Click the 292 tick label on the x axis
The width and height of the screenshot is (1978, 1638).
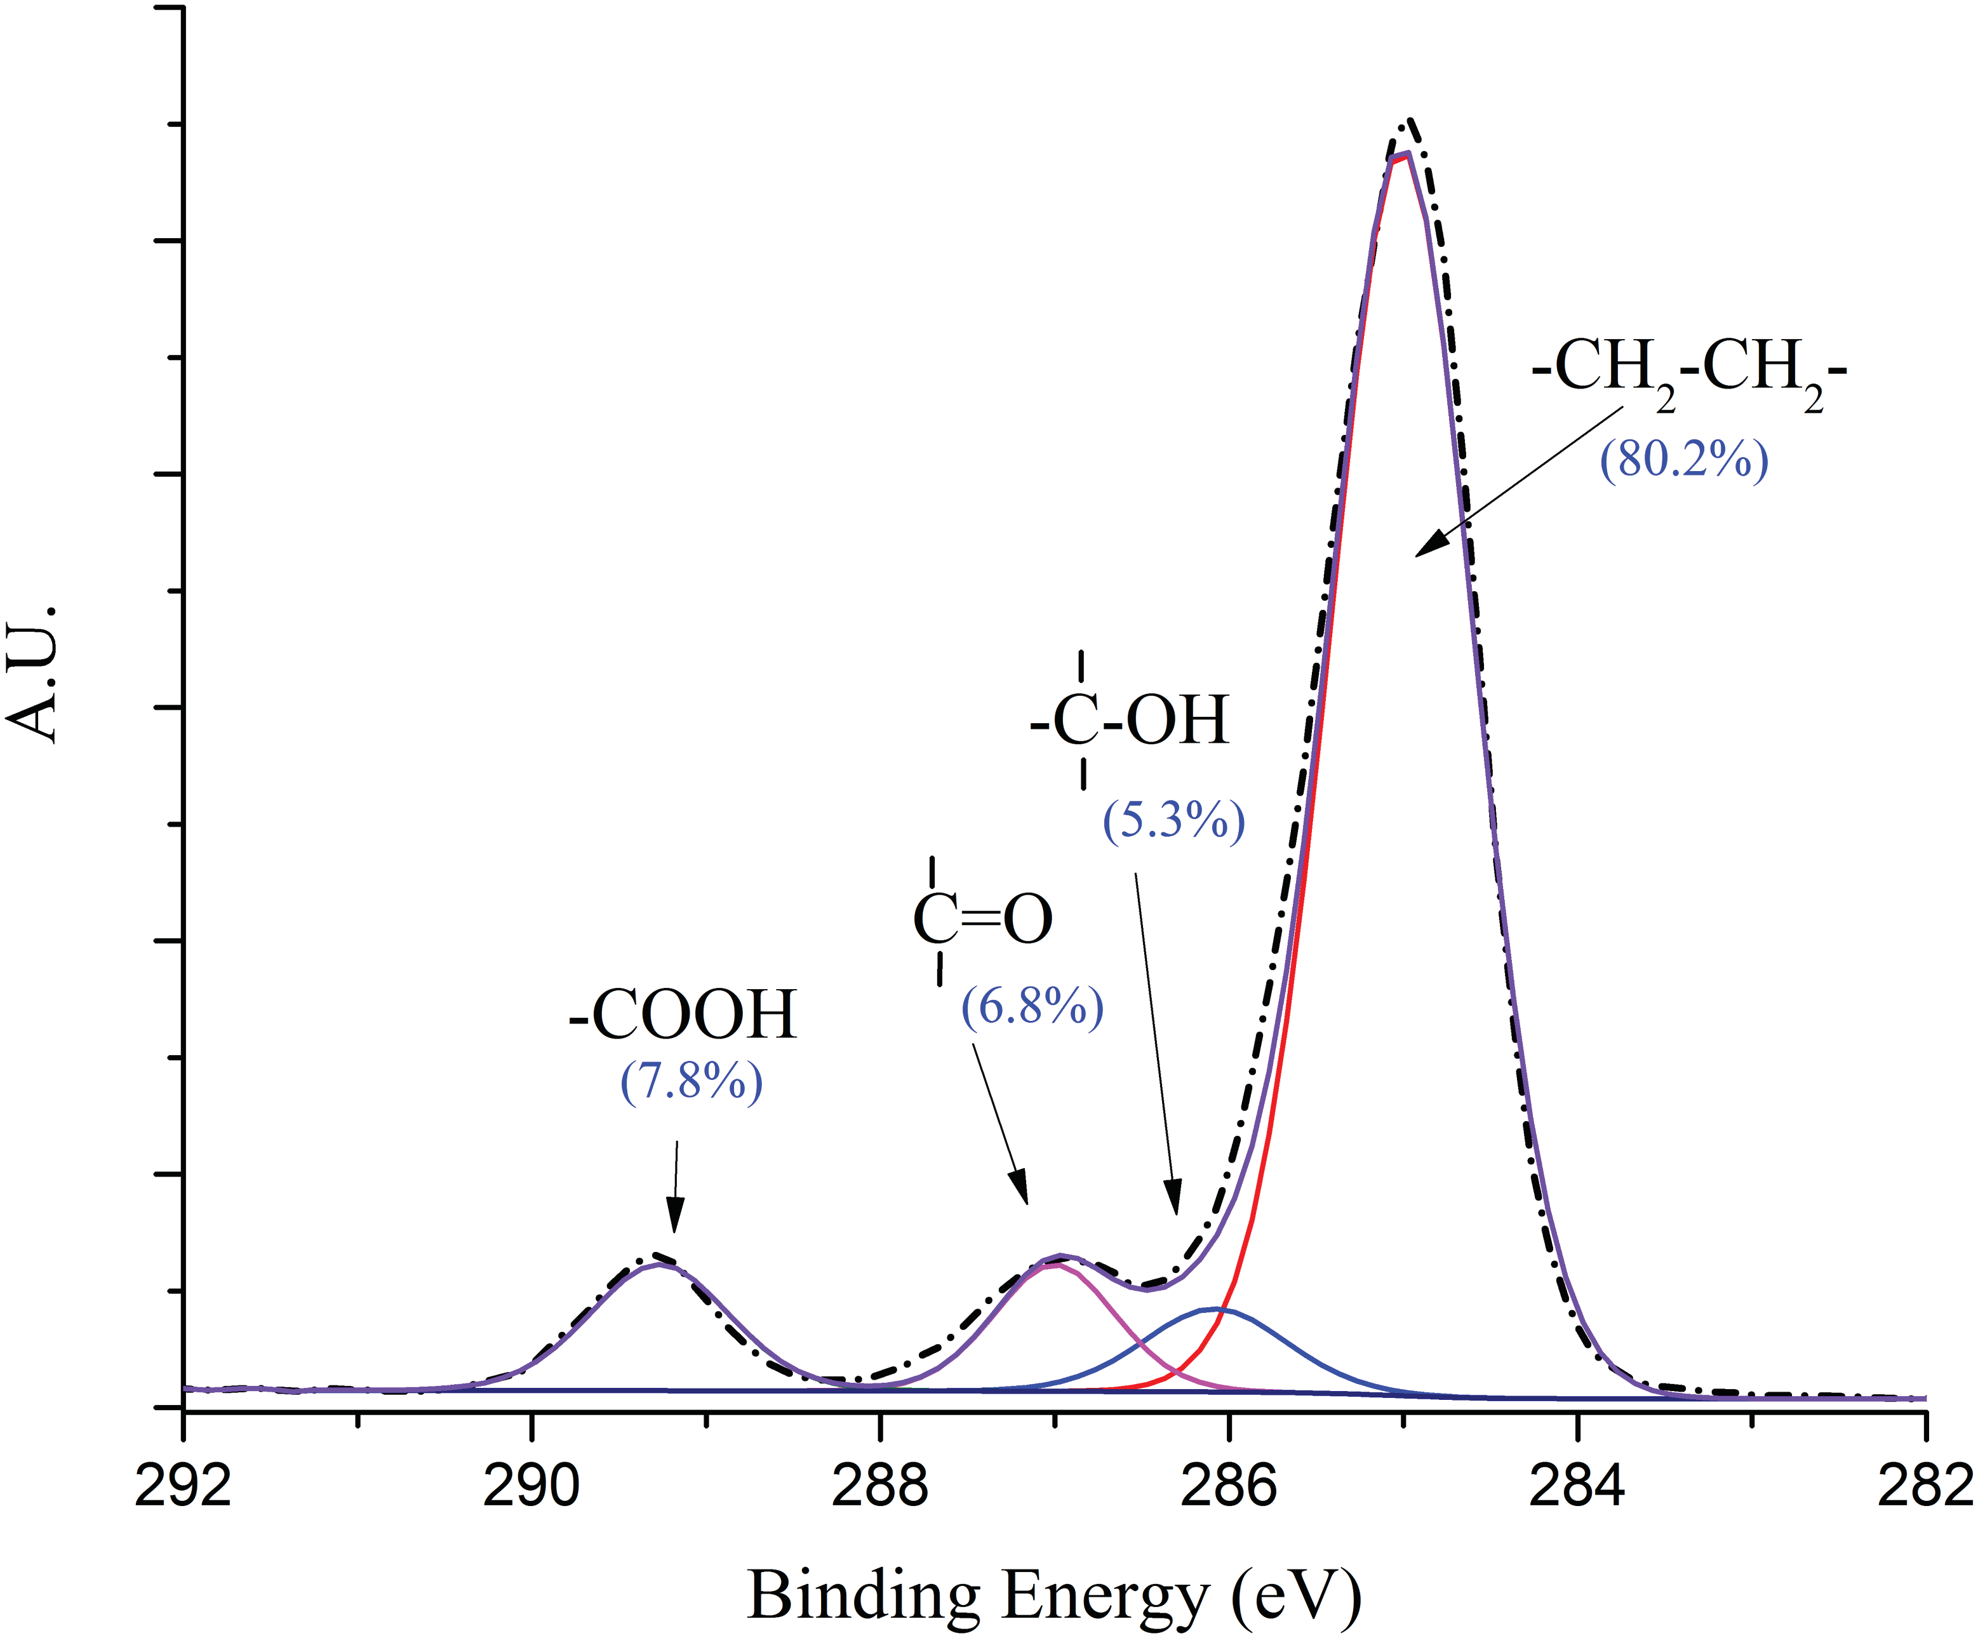pyautogui.click(x=183, y=1486)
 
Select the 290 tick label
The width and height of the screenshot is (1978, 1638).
pyautogui.click(x=531, y=1486)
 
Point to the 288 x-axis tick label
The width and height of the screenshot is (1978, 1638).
pyautogui.click(x=879, y=1486)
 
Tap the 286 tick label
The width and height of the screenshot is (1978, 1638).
pyautogui.click(x=1228, y=1486)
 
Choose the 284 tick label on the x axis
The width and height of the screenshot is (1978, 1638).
pyautogui.click(x=1577, y=1486)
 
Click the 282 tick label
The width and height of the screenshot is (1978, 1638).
pyautogui.click(x=1923, y=1486)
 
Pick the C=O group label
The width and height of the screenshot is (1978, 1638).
pyautogui.click(x=982, y=919)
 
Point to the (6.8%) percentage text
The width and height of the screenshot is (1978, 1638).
pyautogui.click(x=1032, y=1007)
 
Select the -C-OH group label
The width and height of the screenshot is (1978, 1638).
pyautogui.click(x=1130, y=721)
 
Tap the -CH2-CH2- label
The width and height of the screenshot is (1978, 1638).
pyautogui.click(x=1689, y=370)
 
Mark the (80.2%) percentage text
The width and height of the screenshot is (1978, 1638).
pyautogui.click(x=1684, y=460)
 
